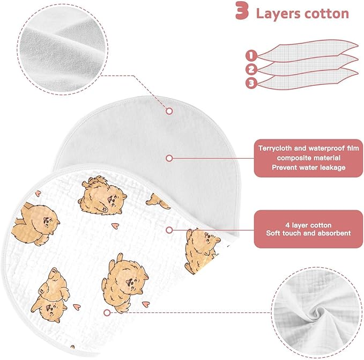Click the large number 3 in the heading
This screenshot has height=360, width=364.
(x=242, y=10)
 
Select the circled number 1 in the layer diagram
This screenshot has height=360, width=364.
(x=251, y=55)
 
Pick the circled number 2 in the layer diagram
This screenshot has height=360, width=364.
(x=251, y=69)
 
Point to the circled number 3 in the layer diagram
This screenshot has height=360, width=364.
(x=251, y=83)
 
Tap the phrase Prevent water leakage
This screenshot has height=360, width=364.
(x=309, y=167)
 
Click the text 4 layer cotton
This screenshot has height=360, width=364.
(x=308, y=225)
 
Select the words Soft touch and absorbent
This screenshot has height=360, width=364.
(x=308, y=233)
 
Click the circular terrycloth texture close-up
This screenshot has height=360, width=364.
(x=62, y=49)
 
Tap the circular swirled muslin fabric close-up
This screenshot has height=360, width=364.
(x=317, y=312)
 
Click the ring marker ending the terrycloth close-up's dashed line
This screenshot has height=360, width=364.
(x=169, y=111)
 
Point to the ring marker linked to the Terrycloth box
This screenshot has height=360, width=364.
(x=169, y=158)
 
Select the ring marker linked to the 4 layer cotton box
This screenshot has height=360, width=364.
(x=169, y=230)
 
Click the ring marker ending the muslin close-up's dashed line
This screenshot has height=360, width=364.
(x=107, y=313)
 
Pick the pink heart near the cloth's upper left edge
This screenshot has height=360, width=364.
(x=38, y=193)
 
